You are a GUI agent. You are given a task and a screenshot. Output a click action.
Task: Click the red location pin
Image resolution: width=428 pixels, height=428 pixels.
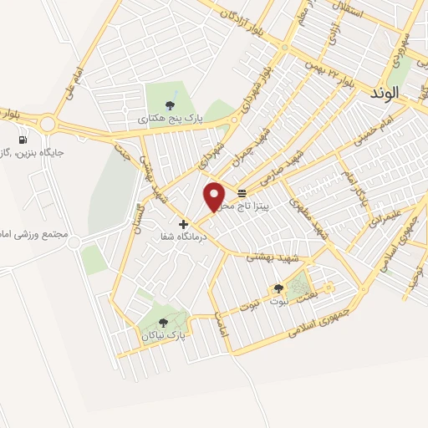tap(216, 196)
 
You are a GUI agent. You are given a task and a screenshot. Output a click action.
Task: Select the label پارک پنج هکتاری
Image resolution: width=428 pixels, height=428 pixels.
tap(171, 120)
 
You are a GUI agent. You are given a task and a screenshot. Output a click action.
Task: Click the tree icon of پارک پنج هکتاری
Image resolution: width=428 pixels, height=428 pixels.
tap(171, 104)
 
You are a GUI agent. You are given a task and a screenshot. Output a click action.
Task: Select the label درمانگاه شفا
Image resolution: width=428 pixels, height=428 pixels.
tap(182, 237)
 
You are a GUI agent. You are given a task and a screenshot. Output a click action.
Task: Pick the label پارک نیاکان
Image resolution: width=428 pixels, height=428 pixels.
tap(160, 335)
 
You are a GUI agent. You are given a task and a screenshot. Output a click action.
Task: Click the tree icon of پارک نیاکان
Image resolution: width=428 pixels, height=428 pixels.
tap(163, 322)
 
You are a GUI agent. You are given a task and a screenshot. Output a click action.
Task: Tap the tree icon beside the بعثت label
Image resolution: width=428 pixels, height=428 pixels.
tap(278, 288)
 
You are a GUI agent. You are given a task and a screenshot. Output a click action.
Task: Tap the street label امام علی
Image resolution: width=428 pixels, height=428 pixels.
tap(78, 81)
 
